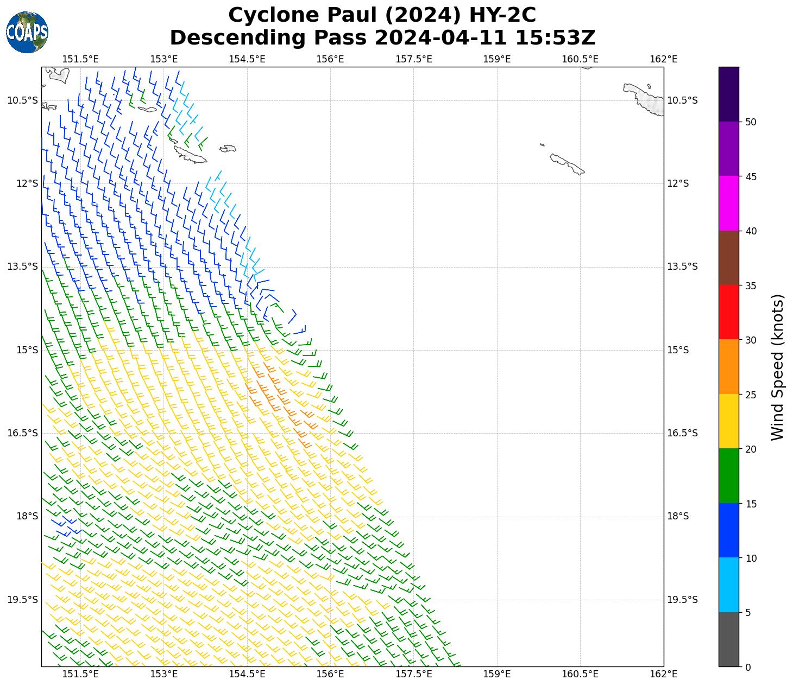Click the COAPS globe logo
click(27, 32)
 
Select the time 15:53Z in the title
click(555, 38)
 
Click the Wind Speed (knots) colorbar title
click(778, 367)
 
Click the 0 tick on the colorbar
click(748, 667)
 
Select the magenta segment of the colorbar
click(728, 204)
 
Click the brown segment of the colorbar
click(728, 258)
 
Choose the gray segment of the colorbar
click(728, 639)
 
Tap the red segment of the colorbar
click(728, 312)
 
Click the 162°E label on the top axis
click(664, 59)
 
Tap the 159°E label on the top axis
click(497, 59)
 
